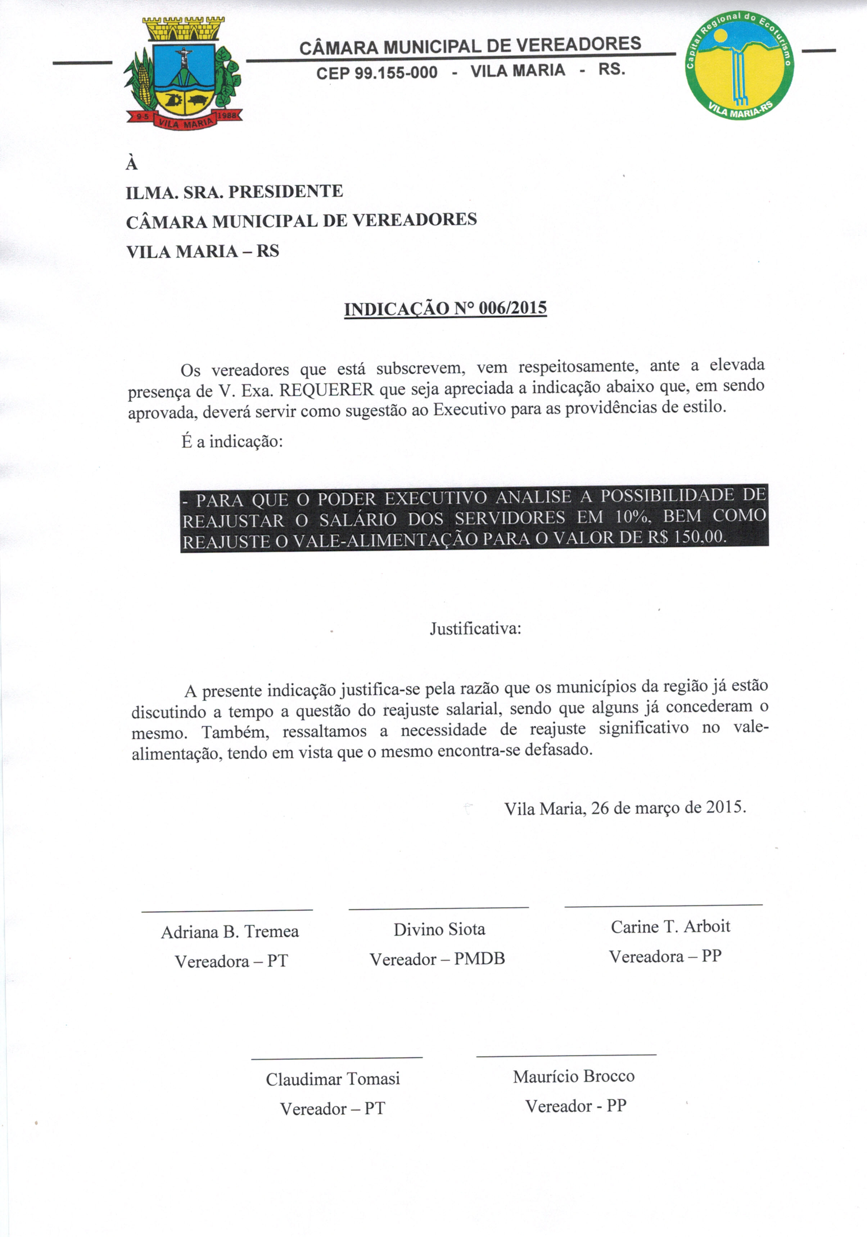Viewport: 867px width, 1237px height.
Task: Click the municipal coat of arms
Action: point(183,73)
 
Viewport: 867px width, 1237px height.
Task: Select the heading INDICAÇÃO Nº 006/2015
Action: point(445,309)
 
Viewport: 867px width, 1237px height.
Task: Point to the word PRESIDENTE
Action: point(286,192)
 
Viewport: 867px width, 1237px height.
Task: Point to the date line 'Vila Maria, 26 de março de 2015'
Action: point(625,808)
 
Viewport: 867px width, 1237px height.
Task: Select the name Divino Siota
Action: point(439,929)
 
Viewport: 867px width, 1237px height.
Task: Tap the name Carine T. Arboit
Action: point(670,926)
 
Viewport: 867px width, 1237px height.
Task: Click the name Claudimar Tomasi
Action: point(333,1079)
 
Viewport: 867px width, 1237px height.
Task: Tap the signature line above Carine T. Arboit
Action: point(663,905)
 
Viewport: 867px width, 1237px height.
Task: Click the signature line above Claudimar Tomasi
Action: point(337,1058)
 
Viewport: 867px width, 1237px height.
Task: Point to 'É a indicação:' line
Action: point(232,442)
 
